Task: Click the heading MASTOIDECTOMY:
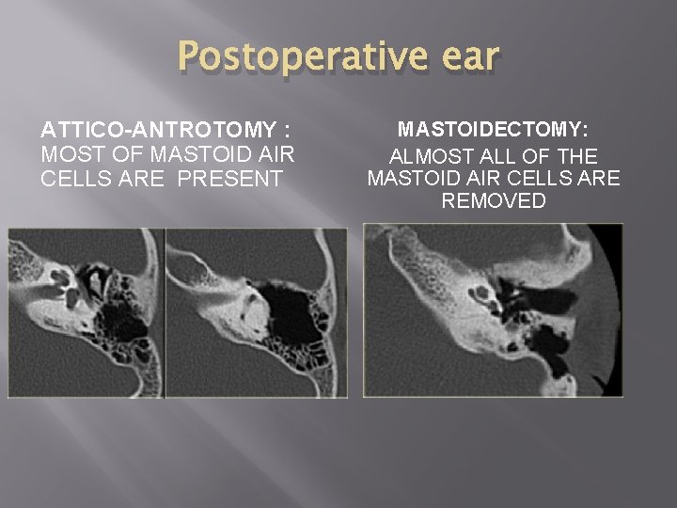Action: [x=493, y=129]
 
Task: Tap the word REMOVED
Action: [x=493, y=200]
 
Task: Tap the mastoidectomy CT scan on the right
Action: [x=493, y=309]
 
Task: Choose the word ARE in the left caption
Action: [x=148, y=178]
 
